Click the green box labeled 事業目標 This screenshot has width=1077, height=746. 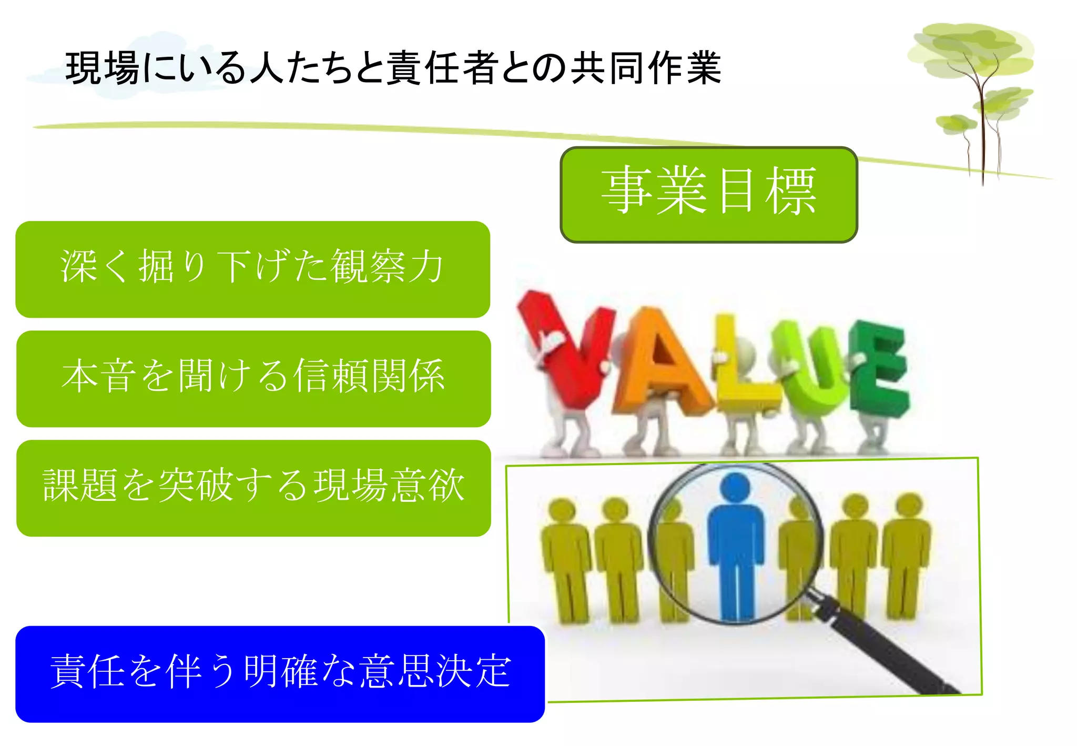click(x=708, y=195)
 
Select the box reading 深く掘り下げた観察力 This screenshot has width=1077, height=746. click(x=252, y=269)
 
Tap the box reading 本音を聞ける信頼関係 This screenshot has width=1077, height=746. click(x=253, y=378)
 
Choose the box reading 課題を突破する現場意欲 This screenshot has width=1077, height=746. click(x=253, y=488)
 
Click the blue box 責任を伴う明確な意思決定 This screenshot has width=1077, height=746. click(x=280, y=673)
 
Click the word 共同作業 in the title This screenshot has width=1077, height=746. click(x=647, y=68)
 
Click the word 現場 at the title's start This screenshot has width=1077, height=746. click(x=103, y=68)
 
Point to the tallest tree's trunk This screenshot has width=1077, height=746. click(x=981, y=132)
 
